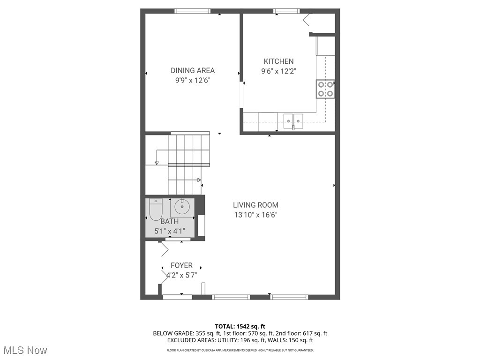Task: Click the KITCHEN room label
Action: click(x=278, y=61)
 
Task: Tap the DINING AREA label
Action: click(x=192, y=71)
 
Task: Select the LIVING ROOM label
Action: click(x=255, y=205)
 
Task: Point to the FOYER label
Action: click(x=181, y=265)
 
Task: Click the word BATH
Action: click(x=169, y=221)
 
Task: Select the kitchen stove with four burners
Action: click(x=325, y=89)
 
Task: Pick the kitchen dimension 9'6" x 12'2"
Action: click(x=278, y=71)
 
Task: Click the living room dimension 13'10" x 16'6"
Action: click(x=255, y=215)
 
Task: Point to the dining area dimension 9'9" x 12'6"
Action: click(x=192, y=81)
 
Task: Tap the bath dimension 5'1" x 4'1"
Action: click(x=169, y=231)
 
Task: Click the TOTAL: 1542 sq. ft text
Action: click(x=240, y=326)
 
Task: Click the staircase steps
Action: click(x=185, y=162)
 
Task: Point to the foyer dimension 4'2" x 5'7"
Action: click(x=181, y=275)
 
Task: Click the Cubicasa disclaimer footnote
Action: click(x=240, y=350)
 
